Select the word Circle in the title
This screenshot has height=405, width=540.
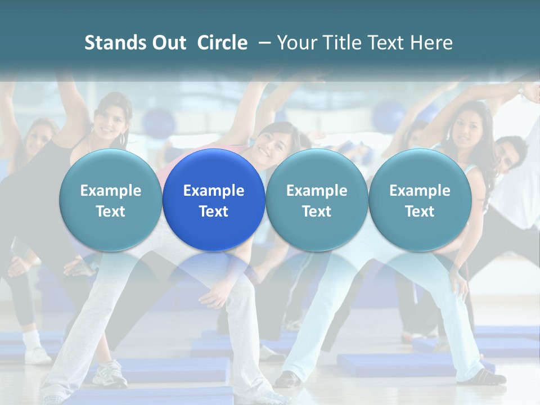[222, 43]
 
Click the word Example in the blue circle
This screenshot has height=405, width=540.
[213, 191]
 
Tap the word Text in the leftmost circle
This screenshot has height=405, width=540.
[110, 211]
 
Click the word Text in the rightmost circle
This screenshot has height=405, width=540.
[420, 211]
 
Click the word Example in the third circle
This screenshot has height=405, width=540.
[317, 191]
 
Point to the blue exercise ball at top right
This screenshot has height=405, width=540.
[389, 115]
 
